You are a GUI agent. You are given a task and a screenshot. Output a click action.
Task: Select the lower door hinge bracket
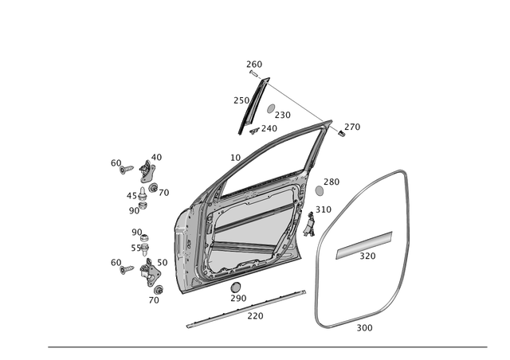pyautogui.click(x=147, y=270)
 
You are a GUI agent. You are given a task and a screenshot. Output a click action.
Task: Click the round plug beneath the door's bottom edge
pyautogui.click(x=235, y=287)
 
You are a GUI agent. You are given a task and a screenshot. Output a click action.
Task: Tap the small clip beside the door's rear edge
pyautogui.click(x=308, y=225)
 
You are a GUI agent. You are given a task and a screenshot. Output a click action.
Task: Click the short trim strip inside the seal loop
pyautogui.click(x=364, y=244)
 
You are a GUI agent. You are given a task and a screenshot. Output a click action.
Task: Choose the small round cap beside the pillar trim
pyautogui.click(x=271, y=108)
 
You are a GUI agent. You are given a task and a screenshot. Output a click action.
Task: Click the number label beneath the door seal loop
pyautogui.click(x=363, y=327)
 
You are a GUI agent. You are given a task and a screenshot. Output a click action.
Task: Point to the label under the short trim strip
pyautogui.click(x=367, y=256)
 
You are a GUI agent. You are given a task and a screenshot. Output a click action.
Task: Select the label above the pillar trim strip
pyautogui.click(x=254, y=62)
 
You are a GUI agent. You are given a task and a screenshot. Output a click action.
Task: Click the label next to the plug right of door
pyautogui.click(x=331, y=181)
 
